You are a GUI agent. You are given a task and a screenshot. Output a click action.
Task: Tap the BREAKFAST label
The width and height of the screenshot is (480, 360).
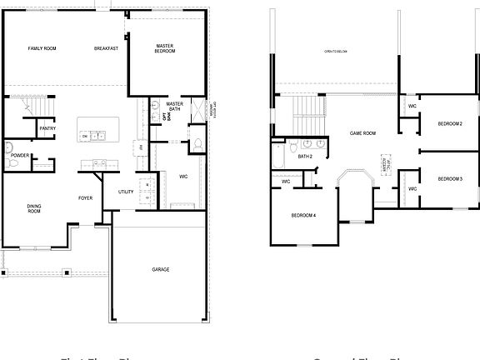point(106,48)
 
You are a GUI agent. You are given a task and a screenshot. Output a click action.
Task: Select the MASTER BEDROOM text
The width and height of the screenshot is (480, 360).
point(164,47)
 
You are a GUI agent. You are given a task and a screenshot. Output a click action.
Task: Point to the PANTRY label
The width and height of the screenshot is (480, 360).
point(47,128)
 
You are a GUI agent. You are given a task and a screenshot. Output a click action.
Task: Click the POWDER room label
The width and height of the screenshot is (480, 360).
point(21,155)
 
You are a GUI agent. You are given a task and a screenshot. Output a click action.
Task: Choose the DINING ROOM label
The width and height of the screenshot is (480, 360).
point(34,209)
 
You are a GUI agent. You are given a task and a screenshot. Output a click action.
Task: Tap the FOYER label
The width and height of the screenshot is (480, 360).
point(85,197)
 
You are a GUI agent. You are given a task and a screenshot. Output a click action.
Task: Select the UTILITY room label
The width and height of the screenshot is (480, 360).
point(126,192)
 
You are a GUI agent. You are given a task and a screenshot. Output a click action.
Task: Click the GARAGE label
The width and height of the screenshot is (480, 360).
point(161,269)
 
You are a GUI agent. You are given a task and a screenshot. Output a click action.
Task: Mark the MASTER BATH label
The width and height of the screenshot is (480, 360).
point(174,106)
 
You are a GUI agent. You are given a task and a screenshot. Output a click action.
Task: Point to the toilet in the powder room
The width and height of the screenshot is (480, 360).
point(8,151)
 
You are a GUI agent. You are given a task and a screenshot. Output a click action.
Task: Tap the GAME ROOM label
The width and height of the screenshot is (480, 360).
point(362,132)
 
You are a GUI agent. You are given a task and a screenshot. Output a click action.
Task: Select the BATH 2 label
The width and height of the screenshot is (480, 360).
point(305,156)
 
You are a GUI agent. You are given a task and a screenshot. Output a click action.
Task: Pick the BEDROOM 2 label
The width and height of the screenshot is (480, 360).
point(450,124)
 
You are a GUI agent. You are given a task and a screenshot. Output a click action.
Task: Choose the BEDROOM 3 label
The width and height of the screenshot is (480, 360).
point(450,179)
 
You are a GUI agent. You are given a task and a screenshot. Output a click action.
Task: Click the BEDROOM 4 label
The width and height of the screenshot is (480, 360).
point(303,215)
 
